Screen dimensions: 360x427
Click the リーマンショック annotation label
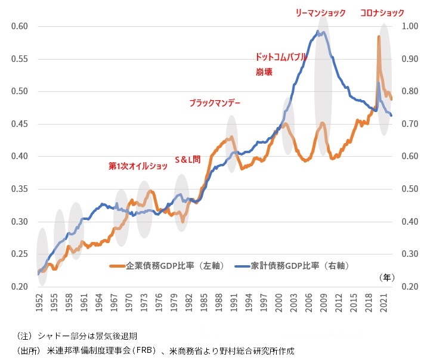click(321, 13)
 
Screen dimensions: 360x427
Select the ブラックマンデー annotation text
click(215, 103)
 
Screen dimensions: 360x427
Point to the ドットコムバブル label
click(281, 57)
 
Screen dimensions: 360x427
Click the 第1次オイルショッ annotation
click(138, 165)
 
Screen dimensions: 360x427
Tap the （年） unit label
click(387, 277)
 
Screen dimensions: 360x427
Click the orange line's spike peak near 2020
click(379, 37)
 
